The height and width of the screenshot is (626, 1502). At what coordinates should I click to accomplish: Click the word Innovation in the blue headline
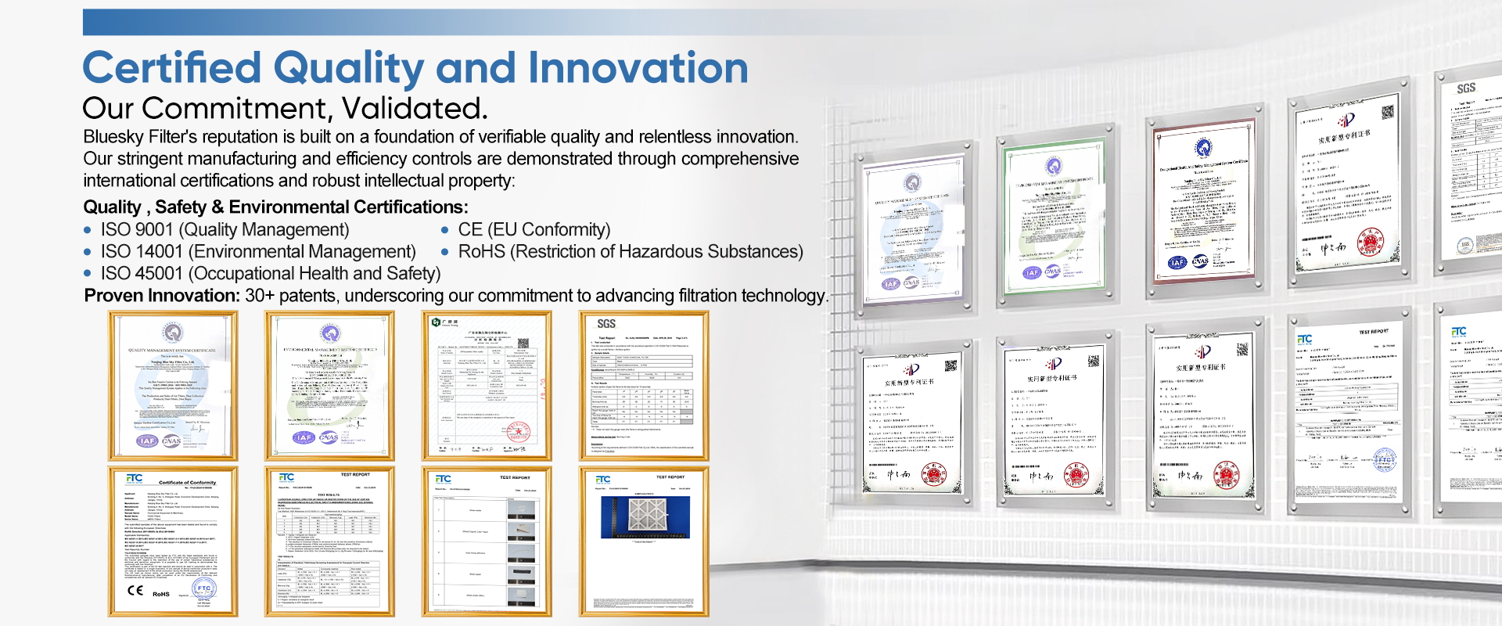pos(638,68)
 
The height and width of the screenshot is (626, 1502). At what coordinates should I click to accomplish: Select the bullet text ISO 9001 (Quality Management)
pos(225,230)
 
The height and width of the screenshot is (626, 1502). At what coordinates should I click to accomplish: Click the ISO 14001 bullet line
pos(257,252)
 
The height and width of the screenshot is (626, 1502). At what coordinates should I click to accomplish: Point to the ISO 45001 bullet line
pos(270,274)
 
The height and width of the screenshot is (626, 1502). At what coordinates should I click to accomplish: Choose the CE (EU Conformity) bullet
pos(534,230)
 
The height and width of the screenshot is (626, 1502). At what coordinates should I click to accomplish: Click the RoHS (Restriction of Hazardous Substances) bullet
pos(630,252)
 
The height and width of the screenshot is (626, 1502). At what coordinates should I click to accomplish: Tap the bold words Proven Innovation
pos(162,296)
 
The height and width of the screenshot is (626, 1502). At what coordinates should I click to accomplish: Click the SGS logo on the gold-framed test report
pos(606,323)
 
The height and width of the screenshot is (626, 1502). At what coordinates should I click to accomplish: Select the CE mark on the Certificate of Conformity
pos(135,591)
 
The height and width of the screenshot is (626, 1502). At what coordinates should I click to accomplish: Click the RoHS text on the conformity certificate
pos(161,594)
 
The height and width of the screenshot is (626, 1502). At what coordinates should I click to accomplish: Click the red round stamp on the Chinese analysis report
pos(519,431)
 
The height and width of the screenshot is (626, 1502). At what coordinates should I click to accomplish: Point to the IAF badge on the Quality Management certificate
pos(146,441)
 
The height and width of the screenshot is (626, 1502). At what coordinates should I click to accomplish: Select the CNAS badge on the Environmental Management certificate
pos(329,437)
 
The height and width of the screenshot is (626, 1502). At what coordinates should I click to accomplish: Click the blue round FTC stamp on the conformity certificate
pos(203,588)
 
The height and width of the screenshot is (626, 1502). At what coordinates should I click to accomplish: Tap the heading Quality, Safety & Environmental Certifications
pos(275,207)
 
